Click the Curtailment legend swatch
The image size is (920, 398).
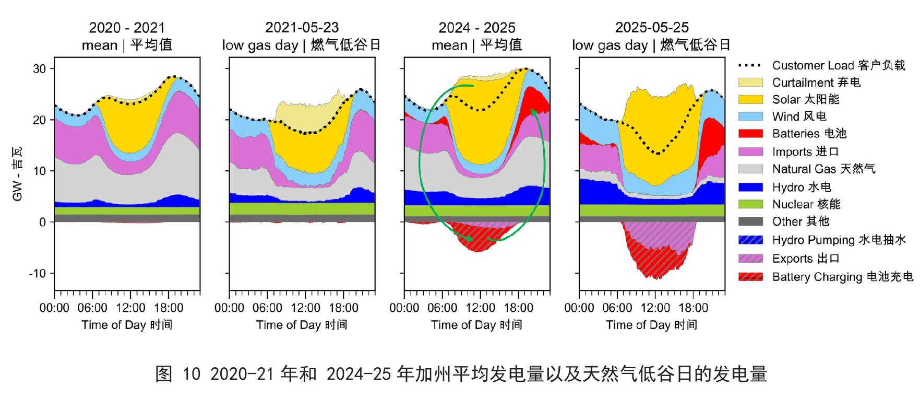[x=750, y=83]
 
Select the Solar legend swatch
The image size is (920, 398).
[x=750, y=99]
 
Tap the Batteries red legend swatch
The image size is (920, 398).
[x=750, y=134]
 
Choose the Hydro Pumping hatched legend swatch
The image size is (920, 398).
[x=750, y=240]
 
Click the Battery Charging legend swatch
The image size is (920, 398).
[x=750, y=277]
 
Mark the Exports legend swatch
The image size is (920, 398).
[x=750, y=259]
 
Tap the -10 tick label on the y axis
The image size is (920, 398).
[x=38, y=273]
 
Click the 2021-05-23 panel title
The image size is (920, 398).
[x=302, y=27]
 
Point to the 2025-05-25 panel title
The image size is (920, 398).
[x=652, y=27]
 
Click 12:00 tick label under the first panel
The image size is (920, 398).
[x=130, y=308]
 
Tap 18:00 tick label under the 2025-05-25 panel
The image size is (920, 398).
[x=693, y=308]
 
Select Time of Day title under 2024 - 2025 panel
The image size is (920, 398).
[x=476, y=325]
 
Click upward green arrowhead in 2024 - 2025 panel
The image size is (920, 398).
[x=533, y=111]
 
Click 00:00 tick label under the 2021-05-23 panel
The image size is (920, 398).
[x=229, y=308]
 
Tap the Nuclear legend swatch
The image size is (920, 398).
[x=750, y=204]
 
